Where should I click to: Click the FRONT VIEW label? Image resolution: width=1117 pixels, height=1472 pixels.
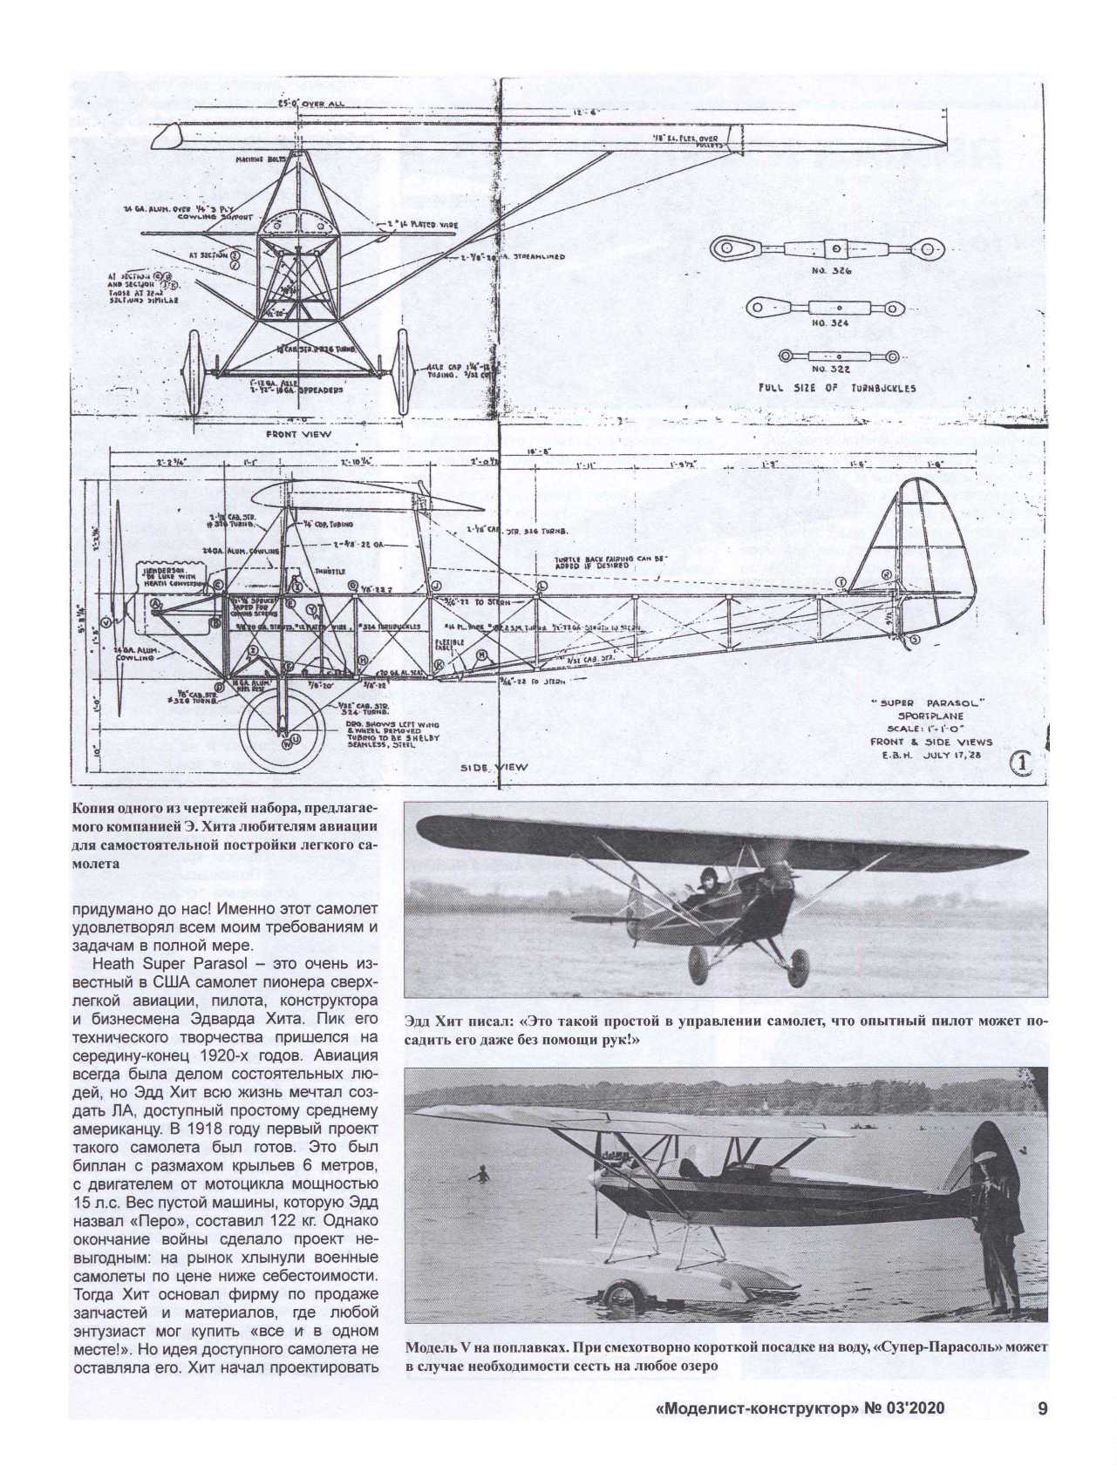click(x=299, y=433)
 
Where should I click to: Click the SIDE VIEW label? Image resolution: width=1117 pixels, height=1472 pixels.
click(x=494, y=768)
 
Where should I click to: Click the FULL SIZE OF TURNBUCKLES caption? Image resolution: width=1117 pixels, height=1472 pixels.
click(x=838, y=388)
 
